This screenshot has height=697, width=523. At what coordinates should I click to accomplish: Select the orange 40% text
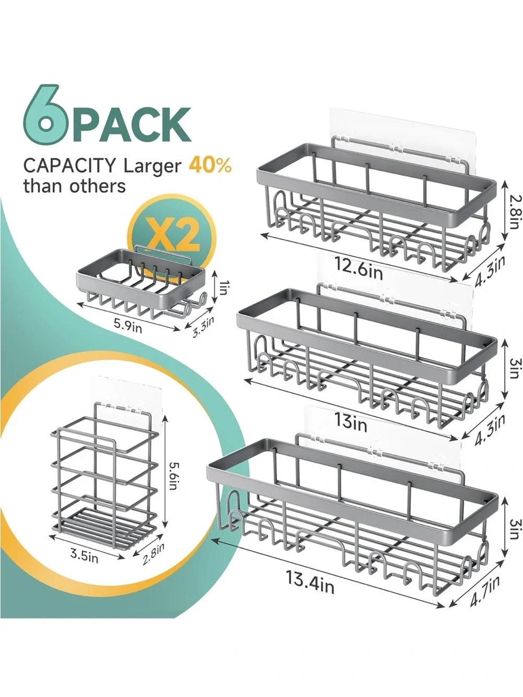[210, 165]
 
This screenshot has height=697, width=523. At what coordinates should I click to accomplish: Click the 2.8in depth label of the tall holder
[153, 554]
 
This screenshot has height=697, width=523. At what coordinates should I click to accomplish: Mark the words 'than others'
[75, 186]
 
